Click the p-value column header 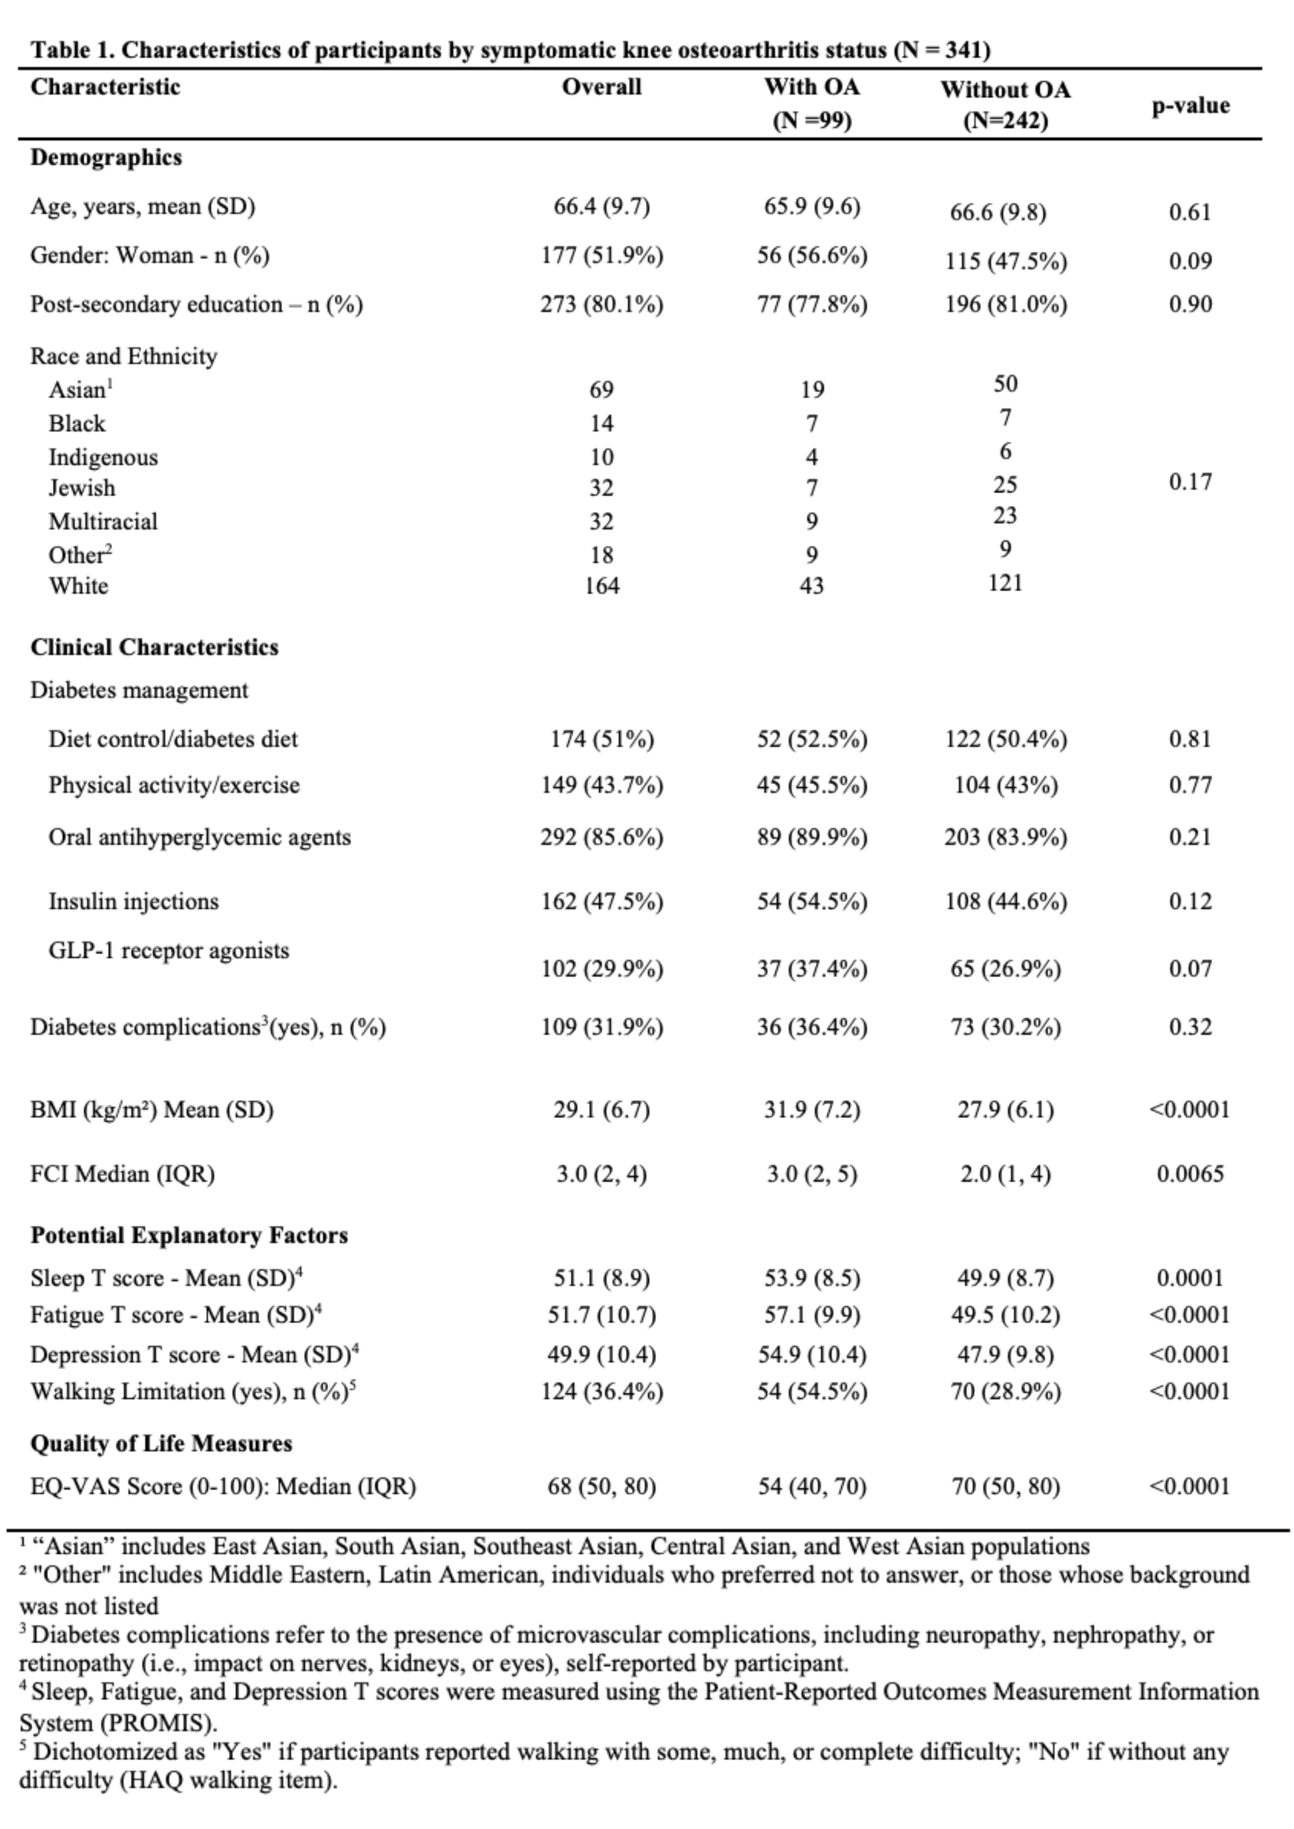[1190, 106]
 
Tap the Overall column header [601, 87]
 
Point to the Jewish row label [81, 487]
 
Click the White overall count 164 [601, 587]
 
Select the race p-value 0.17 [1190, 482]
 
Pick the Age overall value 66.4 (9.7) [601, 207]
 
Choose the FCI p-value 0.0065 [1190, 1174]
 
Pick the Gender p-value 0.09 [1190, 261]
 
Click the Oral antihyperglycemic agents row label [199, 837]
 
